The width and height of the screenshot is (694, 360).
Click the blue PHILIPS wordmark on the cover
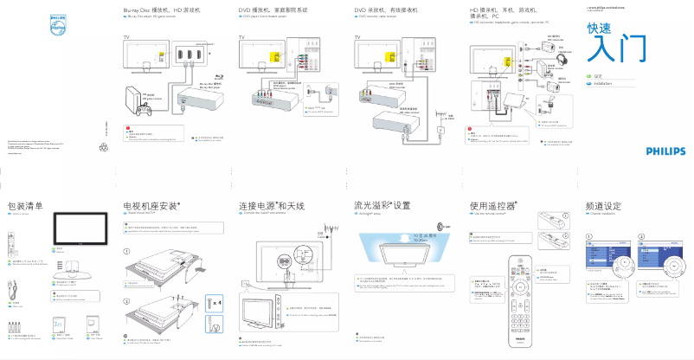665,151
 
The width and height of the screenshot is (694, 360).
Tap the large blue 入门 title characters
616,51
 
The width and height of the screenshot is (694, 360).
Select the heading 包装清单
24,207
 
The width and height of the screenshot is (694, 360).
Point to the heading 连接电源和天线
271,207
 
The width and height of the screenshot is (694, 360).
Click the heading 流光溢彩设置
381,207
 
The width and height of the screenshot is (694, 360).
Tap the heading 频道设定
603,207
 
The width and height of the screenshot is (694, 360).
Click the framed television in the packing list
78,228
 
